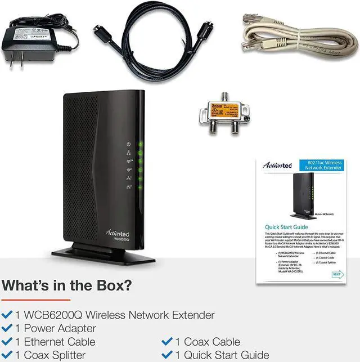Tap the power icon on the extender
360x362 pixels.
[129, 145]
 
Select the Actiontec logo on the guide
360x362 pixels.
[277, 166]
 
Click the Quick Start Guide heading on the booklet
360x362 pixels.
[286, 226]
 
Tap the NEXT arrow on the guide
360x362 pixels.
[336, 274]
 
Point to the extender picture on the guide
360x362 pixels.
[303, 194]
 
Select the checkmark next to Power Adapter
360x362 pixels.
[7, 328]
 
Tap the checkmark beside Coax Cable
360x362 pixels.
[167, 342]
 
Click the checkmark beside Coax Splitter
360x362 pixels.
[7, 355]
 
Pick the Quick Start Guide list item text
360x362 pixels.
[222, 355]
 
